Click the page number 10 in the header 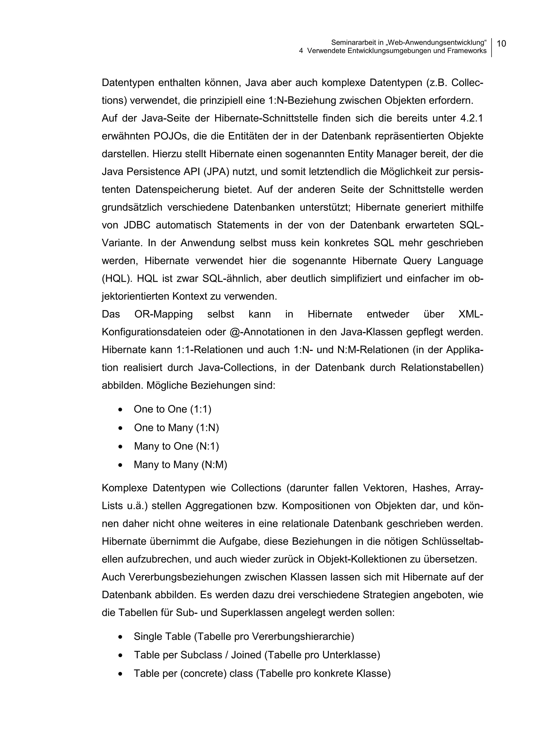(x=501, y=44)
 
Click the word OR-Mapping (x=163, y=314)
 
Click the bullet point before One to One (x=121, y=410)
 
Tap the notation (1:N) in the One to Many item (x=207, y=428)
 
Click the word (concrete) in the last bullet (x=203, y=673)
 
